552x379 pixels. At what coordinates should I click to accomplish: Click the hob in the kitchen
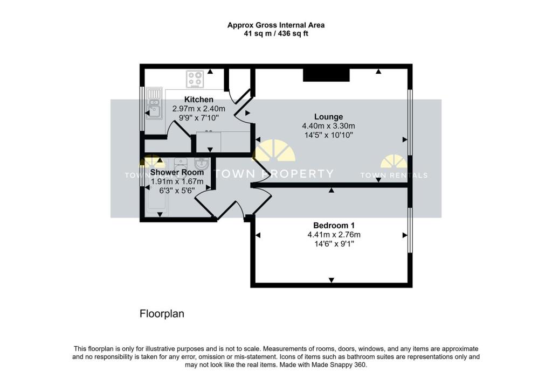[195, 79]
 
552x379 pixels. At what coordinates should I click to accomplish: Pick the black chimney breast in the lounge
[326, 75]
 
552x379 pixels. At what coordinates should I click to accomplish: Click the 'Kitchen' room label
[199, 100]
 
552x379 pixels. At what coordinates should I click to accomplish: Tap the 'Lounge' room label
[328, 117]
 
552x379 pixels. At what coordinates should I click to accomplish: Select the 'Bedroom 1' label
[334, 225]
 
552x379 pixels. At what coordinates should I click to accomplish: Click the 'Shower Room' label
[177, 172]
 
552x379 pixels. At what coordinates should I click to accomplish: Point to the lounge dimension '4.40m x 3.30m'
[328, 126]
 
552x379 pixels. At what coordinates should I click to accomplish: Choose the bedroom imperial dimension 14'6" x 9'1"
[334, 244]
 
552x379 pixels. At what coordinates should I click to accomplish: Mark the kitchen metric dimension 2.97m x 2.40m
[199, 109]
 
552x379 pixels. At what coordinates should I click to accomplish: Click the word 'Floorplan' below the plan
[162, 313]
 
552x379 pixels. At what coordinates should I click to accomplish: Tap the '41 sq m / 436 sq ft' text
[275, 33]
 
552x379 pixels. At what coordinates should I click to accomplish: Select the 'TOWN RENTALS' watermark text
[394, 176]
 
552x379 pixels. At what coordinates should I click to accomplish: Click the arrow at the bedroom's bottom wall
[330, 280]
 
